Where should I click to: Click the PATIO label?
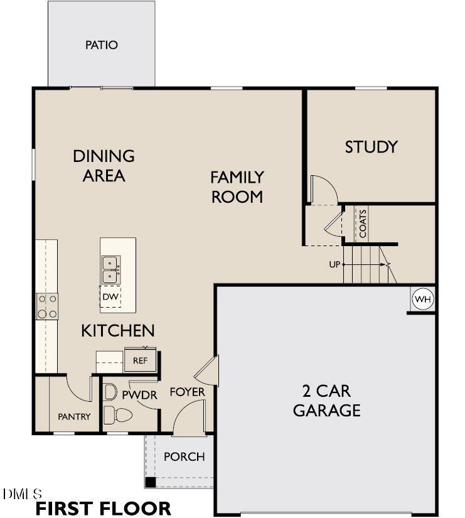coord(101,45)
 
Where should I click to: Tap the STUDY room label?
coord(371,147)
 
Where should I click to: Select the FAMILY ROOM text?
coord(237,186)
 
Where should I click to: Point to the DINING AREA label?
coord(104,165)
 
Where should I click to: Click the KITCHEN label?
coord(117,330)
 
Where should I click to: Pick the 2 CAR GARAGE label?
coord(326,401)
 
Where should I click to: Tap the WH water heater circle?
coord(422,299)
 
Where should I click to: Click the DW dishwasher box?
coord(110,296)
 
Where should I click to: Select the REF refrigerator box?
coord(139,360)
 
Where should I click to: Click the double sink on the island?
coord(110,269)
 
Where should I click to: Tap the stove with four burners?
coord(48,306)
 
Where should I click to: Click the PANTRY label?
coord(74,416)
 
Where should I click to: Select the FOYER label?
coord(187,392)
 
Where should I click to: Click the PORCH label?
coord(184,456)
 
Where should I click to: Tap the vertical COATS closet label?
coord(363,223)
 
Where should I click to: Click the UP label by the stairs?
coord(334,264)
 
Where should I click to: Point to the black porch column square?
coord(151,482)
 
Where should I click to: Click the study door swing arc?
coord(326,188)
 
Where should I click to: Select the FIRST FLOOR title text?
coord(103,507)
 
